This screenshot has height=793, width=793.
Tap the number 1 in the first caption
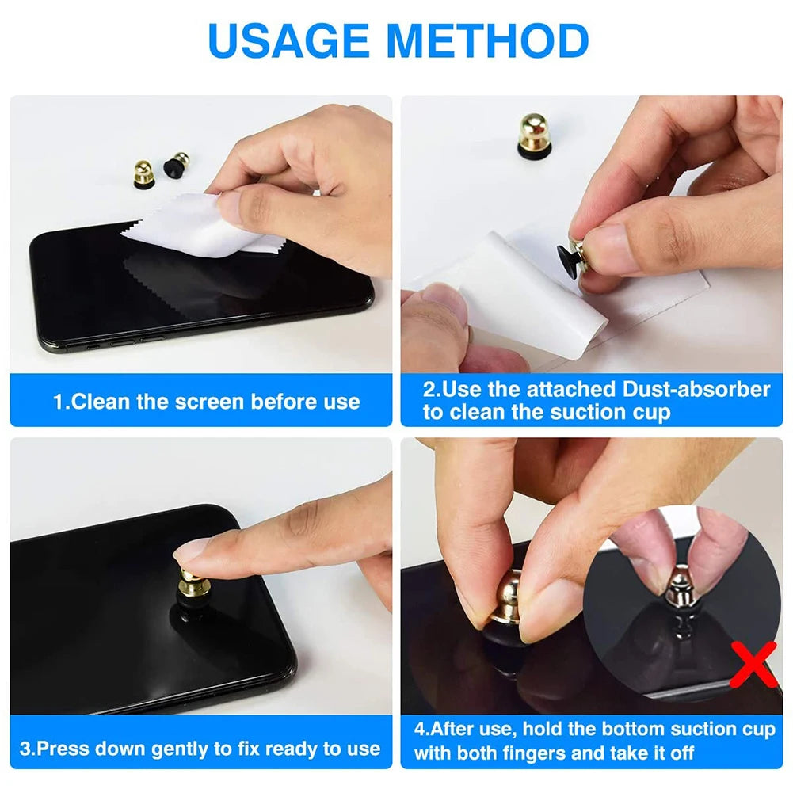[58, 402]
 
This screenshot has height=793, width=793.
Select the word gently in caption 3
[177, 748]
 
